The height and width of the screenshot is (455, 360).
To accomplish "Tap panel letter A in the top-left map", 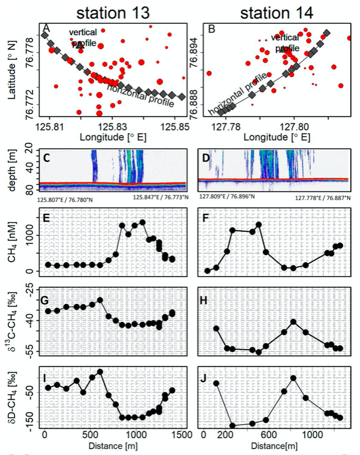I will click(x=46, y=27).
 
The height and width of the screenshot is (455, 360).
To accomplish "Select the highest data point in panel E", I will click(x=142, y=222).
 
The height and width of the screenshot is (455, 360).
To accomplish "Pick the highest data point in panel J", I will click(x=293, y=378).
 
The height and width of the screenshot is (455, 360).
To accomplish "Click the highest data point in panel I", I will click(x=100, y=372).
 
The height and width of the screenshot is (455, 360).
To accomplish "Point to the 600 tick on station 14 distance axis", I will click(x=265, y=435).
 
